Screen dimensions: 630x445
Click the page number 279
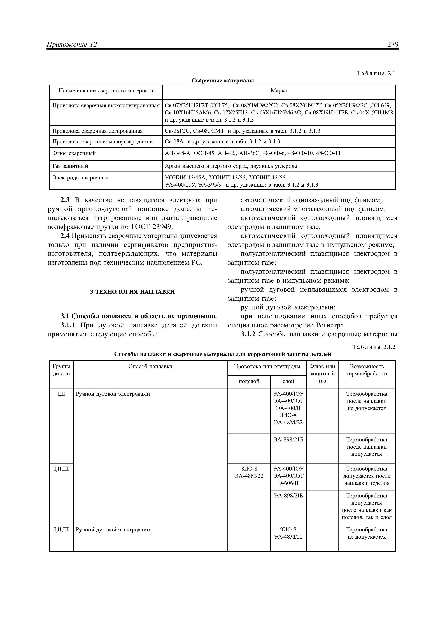click(393, 45)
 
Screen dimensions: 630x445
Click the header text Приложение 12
click(72, 45)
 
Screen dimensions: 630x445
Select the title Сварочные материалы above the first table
click(222, 80)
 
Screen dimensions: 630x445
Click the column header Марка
click(279, 91)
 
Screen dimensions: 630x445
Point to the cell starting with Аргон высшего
click(231, 166)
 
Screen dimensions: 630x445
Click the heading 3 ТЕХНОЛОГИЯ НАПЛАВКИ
click(132, 292)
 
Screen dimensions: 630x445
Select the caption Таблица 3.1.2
click(374, 347)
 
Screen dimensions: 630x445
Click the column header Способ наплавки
click(150, 366)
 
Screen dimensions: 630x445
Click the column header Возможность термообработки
click(367, 370)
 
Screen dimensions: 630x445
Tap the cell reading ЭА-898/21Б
click(288, 440)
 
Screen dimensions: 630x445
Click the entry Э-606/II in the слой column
click(288, 483)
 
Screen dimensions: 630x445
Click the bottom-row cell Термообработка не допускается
click(367, 533)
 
